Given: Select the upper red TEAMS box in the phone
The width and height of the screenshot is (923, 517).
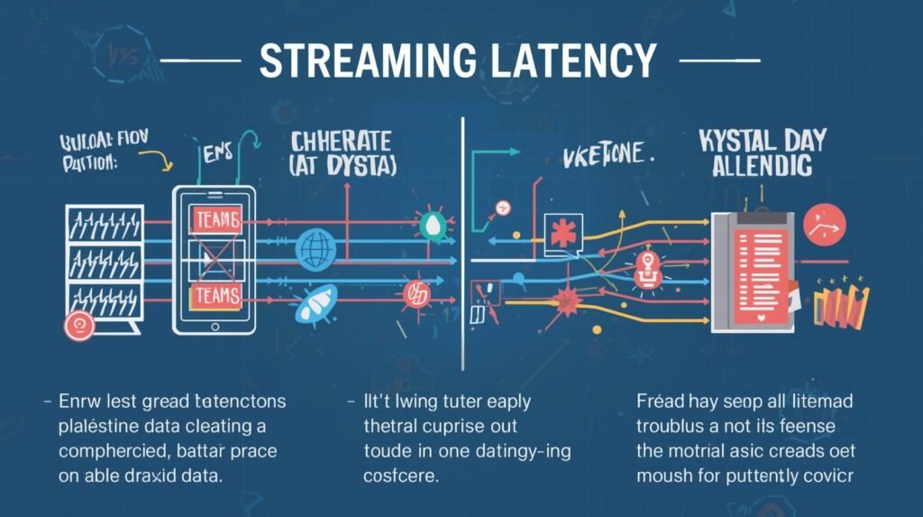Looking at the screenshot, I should (x=216, y=217).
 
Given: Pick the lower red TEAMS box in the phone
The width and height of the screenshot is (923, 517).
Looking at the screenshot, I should (x=216, y=295).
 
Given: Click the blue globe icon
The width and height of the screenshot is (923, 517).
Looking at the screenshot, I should (x=316, y=246).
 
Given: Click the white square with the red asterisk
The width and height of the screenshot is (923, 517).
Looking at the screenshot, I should (x=564, y=231).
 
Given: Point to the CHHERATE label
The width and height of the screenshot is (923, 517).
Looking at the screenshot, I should (x=340, y=142).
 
